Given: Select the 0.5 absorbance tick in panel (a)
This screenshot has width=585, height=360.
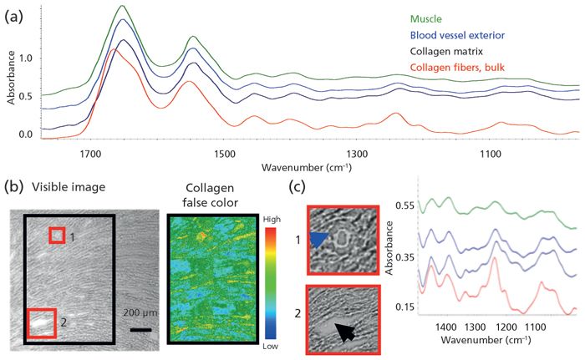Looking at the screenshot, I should pyautogui.click(x=32, y=96).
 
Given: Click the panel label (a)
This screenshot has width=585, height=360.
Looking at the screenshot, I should pyautogui.click(x=14, y=16).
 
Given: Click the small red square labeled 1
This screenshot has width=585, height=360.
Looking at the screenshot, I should pyautogui.click(x=55, y=236).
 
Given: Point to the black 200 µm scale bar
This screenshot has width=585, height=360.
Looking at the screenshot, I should pyautogui.click(x=140, y=328).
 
